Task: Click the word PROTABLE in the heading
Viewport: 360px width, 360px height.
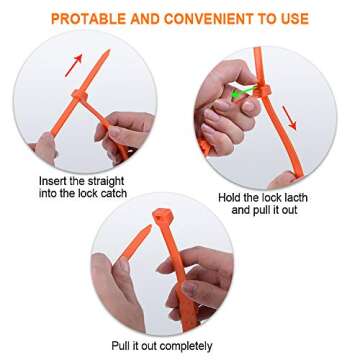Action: (88, 19)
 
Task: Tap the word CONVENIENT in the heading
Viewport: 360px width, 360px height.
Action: (214, 19)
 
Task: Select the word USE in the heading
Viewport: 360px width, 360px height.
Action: (294, 19)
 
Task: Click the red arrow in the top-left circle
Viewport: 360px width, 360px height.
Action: (74, 65)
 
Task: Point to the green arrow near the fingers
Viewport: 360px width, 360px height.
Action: (243, 92)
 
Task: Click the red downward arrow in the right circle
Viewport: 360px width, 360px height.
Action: (289, 118)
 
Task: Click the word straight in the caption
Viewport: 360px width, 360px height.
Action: (106, 182)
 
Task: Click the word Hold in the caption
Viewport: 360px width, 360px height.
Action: (229, 198)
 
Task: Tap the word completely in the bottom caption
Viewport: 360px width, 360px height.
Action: (186, 346)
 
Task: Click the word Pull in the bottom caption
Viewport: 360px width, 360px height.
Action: (120, 345)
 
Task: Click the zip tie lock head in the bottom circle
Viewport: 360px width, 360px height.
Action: (163, 216)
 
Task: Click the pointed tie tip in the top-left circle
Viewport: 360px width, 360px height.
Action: (108, 51)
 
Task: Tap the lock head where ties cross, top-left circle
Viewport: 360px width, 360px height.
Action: (80, 96)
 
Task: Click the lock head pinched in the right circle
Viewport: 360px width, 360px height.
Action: (263, 91)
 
